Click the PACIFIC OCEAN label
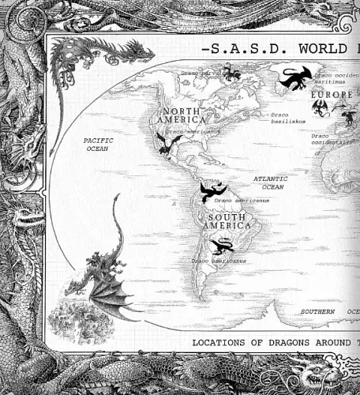coord(99,144)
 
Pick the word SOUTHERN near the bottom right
coord(319,312)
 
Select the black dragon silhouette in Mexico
coord(168,143)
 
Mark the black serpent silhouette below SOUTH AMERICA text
coord(224,245)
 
